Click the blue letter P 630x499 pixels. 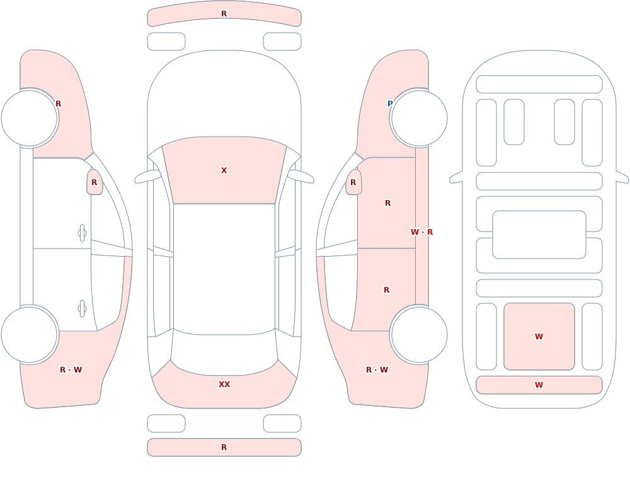click(x=390, y=104)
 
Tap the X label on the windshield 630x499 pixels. click(x=224, y=171)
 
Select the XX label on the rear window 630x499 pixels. click(x=224, y=384)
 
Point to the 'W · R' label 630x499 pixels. click(x=421, y=232)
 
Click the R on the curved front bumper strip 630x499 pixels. click(x=224, y=14)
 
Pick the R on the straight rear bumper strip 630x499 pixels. click(x=224, y=447)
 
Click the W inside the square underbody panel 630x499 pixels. click(x=539, y=337)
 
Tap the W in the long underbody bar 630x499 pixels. click(x=539, y=385)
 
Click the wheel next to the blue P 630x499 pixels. click(x=419, y=118)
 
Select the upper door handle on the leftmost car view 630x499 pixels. click(x=82, y=233)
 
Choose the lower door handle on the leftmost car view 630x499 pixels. click(x=82, y=309)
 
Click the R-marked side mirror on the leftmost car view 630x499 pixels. click(x=94, y=182)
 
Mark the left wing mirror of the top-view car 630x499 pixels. click(x=148, y=176)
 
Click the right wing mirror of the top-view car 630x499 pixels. click(x=301, y=176)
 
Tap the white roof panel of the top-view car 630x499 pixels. click(x=224, y=269)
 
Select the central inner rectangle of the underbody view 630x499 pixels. click(x=539, y=235)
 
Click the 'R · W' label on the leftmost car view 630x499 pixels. click(x=71, y=370)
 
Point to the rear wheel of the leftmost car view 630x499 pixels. click(x=30, y=335)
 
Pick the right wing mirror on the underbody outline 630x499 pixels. click(x=622, y=177)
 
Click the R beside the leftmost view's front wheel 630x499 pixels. click(x=58, y=104)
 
